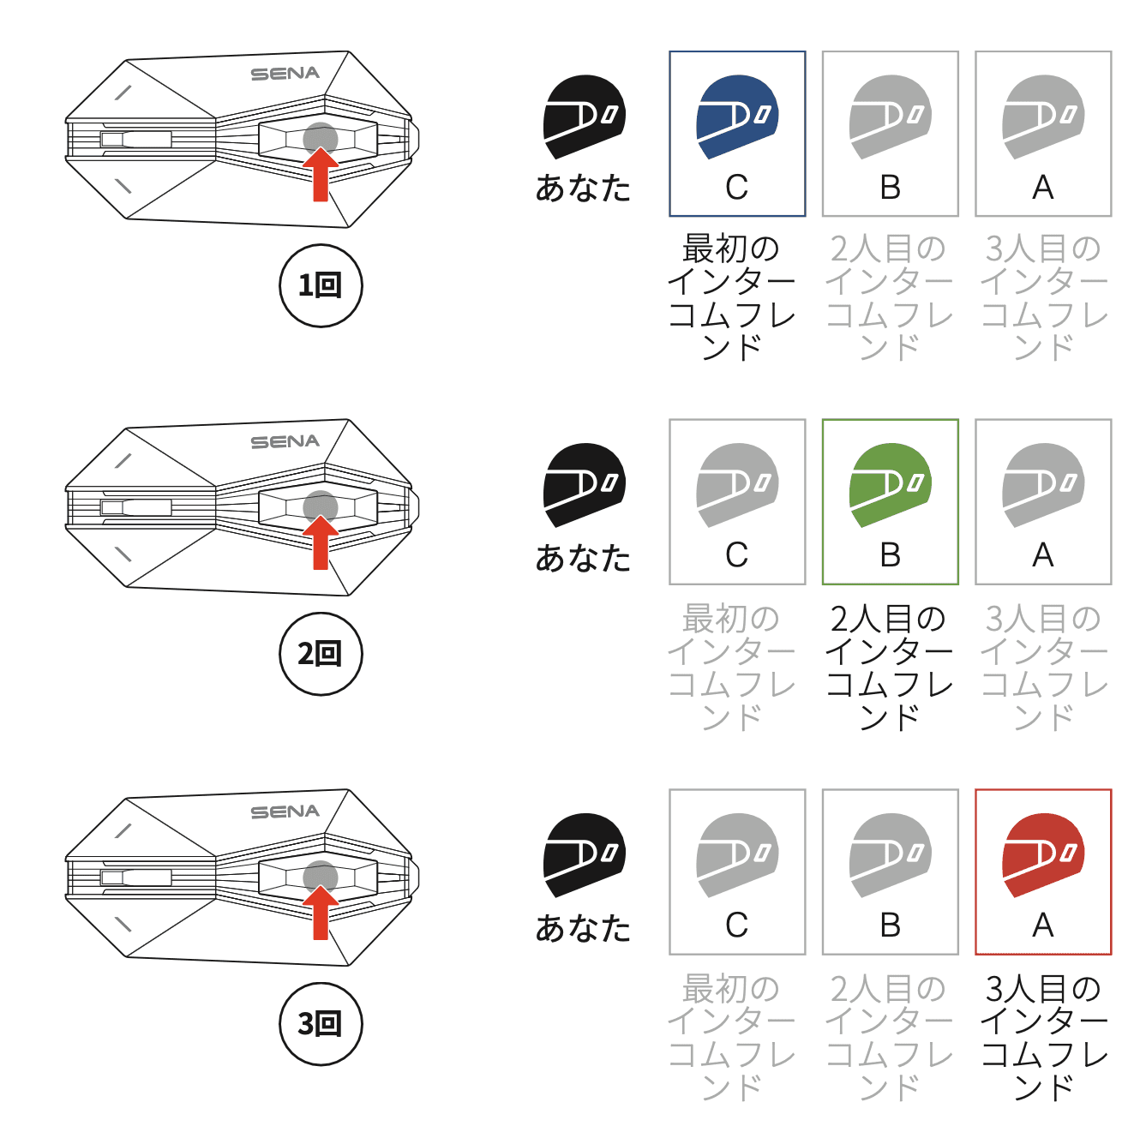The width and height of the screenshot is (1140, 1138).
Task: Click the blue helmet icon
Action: coord(737,117)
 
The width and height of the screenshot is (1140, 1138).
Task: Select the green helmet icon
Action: coord(890,485)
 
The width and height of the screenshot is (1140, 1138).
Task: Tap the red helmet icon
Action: coord(1043,855)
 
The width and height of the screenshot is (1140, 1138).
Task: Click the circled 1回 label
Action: coord(321,285)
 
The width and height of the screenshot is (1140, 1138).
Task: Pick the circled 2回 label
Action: coord(321,654)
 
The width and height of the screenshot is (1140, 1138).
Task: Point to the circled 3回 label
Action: coord(321,1024)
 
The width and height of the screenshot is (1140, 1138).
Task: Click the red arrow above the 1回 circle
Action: coord(321,175)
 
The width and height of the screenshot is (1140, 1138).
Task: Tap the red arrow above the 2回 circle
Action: coord(321,542)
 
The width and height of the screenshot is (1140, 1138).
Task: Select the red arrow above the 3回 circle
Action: coord(321,913)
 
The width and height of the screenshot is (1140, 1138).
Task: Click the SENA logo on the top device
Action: coord(285,74)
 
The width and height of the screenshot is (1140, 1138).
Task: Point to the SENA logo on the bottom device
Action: coord(285,812)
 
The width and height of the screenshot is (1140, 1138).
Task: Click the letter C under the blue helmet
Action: coord(736,188)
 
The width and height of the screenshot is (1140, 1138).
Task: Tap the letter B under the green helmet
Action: coord(890,555)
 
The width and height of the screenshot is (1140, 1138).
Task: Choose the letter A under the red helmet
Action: coord(1042,925)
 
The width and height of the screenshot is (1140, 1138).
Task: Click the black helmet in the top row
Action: coord(585,117)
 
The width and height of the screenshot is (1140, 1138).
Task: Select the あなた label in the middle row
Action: coord(584,558)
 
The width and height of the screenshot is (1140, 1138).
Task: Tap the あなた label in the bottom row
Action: coord(584,928)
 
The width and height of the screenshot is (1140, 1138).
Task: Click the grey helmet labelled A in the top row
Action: coord(1043,117)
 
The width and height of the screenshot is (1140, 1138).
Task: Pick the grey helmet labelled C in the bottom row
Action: coord(737,855)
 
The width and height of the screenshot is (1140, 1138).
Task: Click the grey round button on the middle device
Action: coord(320,507)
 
